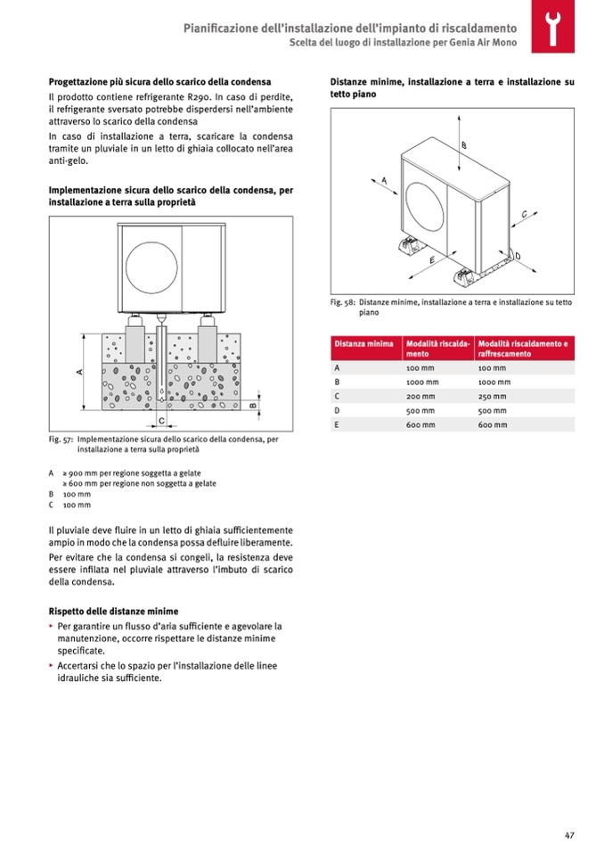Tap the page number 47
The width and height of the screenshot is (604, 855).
click(x=568, y=834)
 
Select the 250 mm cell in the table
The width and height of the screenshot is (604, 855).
click(x=492, y=396)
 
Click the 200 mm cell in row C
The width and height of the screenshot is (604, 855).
click(x=420, y=396)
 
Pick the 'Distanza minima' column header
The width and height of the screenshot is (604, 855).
click(x=363, y=343)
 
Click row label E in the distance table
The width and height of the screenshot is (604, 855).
click(x=337, y=424)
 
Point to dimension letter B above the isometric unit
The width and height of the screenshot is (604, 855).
click(x=464, y=144)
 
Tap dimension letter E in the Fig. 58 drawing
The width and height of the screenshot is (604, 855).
click(x=431, y=259)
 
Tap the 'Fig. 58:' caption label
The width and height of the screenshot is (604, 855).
click(x=343, y=303)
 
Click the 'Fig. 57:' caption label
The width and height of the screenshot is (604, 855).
click(x=61, y=440)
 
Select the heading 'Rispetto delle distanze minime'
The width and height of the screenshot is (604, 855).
click(x=113, y=611)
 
